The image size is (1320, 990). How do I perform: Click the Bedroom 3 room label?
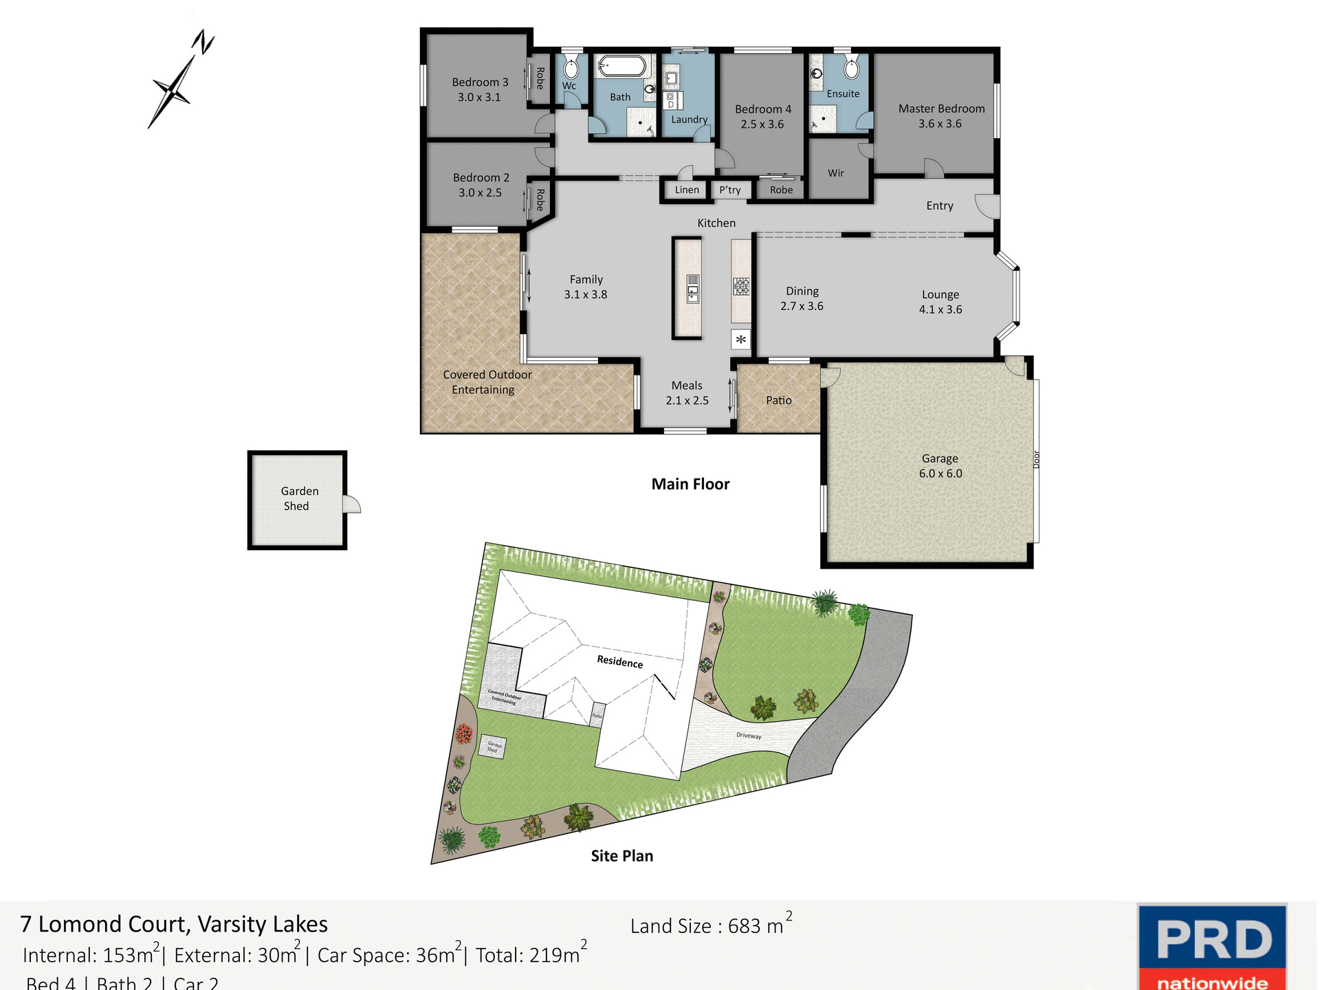(480, 89)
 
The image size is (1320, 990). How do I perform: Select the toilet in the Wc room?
(571, 68)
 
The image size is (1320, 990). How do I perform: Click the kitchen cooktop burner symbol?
(741, 286)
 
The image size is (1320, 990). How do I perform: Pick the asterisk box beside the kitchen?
(740, 340)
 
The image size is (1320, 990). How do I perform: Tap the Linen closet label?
(686, 190)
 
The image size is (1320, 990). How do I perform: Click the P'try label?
(730, 190)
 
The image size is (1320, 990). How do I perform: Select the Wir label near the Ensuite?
(835, 173)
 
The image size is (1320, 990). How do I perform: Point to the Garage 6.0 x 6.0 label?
(940, 466)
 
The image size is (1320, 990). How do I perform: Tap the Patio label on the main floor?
(778, 400)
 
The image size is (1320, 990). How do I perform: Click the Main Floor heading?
(690, 484)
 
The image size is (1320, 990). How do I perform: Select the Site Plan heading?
(621, 856)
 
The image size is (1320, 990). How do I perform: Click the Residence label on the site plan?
(619, 661)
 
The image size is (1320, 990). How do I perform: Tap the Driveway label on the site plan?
(749, 736)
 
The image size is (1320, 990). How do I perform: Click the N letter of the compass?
(203, 43)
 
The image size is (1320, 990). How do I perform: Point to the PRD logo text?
(1213, 939)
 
